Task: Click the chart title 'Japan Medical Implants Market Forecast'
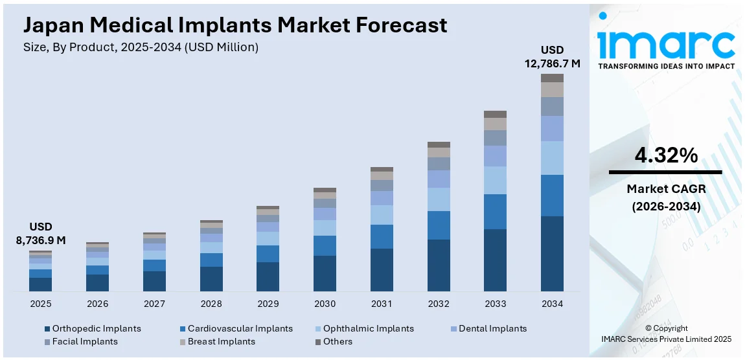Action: point(235,25)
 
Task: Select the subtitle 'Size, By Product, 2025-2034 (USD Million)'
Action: point(141,47)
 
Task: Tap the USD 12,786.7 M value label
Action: point(552,57)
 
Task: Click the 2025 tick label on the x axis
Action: point(40,304)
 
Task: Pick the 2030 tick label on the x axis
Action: point(325,304)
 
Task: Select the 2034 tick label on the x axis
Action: point(552,304)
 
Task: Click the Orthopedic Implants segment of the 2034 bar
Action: point(552,253)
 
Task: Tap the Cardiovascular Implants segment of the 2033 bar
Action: point(495,212)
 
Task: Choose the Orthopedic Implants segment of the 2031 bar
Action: point(382,269)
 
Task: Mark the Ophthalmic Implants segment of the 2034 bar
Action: point(552,158)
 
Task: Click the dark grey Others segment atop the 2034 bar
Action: point(552,78)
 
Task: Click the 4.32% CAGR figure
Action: point(665,155)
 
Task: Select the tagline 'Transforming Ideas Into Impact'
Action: point(665,66)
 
